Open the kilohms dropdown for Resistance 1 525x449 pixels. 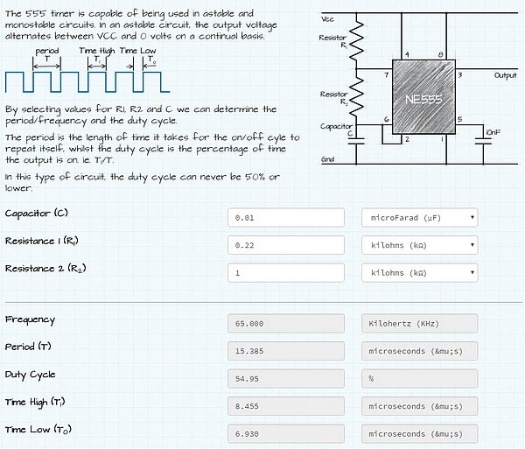(x=419, y=245)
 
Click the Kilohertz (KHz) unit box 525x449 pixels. (x=419, y=324)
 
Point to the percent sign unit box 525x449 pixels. (x=419, y=378)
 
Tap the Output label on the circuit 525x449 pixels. (x=505, y=76)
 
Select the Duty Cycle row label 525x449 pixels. (x=30, y=375)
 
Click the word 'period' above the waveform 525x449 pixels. (x=46, y=52)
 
